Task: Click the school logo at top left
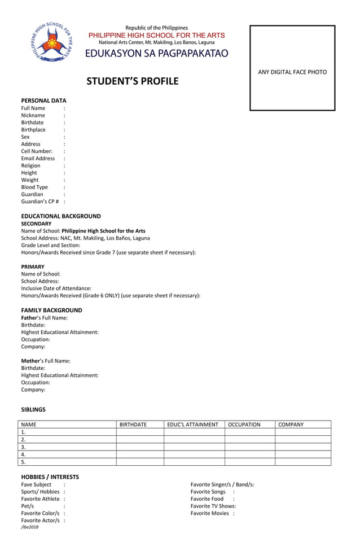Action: (x=51, y=44)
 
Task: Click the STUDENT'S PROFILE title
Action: (x=132, y=81)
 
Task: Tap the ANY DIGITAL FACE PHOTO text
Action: (x=292, y=72)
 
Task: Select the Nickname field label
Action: (x=33, y=115)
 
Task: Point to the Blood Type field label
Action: (x=34, y=187)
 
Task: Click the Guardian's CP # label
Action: (x=40, y=202)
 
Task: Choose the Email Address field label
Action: (x=38, y=159)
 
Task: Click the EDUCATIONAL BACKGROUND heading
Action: (x=61, y=216)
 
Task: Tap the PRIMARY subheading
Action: (x=33, y=266)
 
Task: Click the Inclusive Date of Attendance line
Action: (x=56, y=288)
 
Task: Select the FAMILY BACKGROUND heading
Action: (x=51, y=311)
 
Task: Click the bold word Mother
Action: (x=30, y=361)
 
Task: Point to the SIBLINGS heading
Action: (x=33, y=409)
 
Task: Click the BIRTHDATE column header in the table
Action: (x=133, y=425)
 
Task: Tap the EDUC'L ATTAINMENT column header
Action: (x=192, y=425)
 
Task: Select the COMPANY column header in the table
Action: (x=291, y=425)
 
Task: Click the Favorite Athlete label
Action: (x=40, y=499)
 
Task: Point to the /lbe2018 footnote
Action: (x=30, y=527)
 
